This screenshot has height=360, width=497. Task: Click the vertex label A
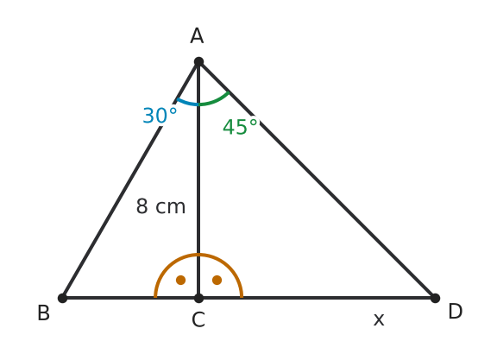tap(197, 36)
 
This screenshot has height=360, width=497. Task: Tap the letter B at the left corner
tap(44, 313)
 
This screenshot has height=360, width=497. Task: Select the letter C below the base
tap(198, 319)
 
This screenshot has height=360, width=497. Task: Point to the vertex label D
tap(456, 312)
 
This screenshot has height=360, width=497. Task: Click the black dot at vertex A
tap(198, 62)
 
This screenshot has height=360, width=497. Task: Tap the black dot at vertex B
tap(63, 298)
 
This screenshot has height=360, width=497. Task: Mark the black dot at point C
tap(198, 298)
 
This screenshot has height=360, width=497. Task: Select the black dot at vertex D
tap(435, 298)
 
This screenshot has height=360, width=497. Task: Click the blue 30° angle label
tap(160, 116)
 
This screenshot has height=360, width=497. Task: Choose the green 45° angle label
tap(240, 127)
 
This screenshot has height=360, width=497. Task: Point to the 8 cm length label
tap(160, 206)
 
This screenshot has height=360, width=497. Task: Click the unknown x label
tap(379, 319)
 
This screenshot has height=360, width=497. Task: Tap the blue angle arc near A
tap(187, 103)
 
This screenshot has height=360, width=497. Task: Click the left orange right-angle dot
tap(180, 280)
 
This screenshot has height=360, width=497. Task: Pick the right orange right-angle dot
tap(217, 280)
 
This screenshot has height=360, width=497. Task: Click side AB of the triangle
tap(130, 180)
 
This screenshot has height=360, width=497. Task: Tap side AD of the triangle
tap(317, 180)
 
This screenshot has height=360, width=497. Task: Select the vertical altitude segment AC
tap(198, 180)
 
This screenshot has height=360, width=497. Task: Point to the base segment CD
tap(317, 298)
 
